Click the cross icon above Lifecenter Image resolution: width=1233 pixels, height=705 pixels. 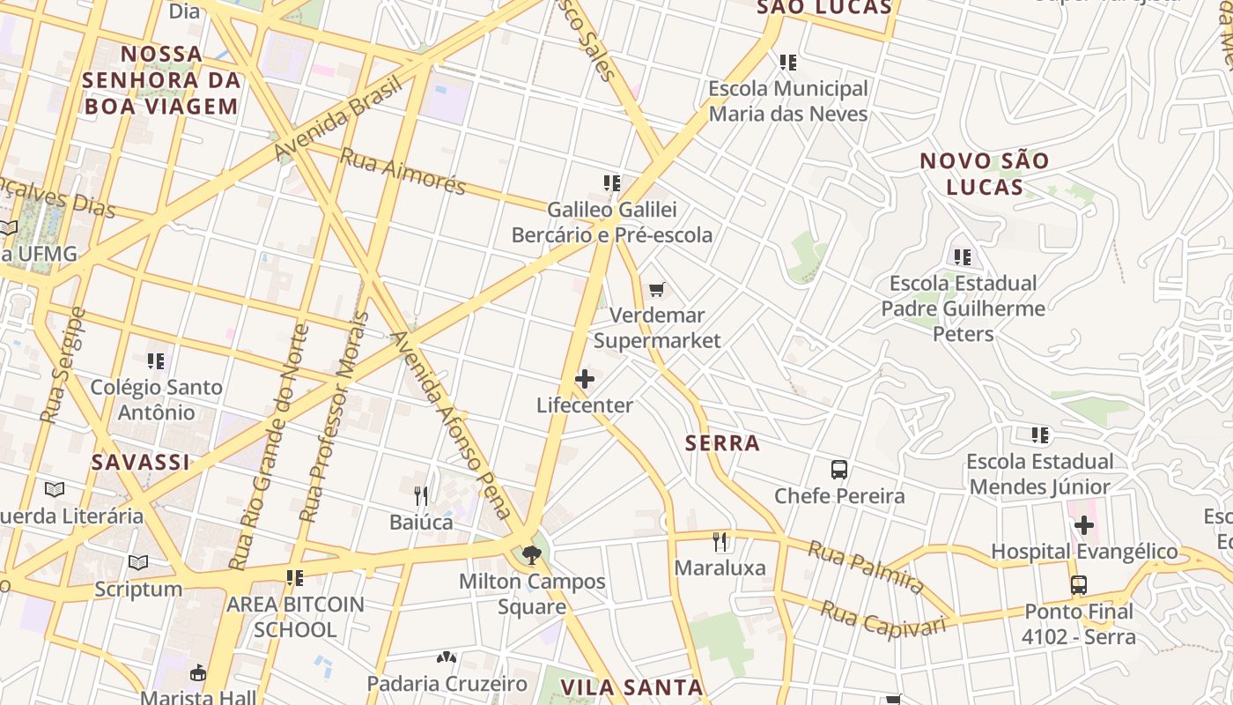[584, 380]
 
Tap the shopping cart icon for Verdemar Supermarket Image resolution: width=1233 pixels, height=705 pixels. [656, 289]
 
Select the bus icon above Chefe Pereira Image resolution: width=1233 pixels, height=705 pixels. [838, 470]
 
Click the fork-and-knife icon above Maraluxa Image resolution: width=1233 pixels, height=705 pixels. [720, 541]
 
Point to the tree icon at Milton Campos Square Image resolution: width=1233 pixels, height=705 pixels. [531, 555]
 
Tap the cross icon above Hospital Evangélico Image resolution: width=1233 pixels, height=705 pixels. [1083, 526]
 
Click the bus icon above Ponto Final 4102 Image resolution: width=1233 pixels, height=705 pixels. [1079, 584]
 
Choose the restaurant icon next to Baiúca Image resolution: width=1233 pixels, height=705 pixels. [421, 496]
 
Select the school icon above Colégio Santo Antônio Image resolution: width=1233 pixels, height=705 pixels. [156, 361]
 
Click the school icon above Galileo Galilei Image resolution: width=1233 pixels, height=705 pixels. [612, 183]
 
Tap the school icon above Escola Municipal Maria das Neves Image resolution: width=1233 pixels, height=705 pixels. [788, 63]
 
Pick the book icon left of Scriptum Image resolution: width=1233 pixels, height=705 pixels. [138, 562]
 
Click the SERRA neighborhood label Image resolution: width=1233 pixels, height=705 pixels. [722, 443]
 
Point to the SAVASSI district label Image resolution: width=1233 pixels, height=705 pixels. [140, 462]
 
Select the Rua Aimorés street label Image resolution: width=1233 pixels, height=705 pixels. [402, 171]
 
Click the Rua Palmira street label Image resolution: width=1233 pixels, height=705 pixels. [866, 568]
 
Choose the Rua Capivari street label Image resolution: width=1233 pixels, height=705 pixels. [882, 619]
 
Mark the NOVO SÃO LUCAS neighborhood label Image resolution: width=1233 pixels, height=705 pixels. [985, 174]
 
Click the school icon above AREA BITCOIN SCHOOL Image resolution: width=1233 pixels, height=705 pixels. [294, 578]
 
